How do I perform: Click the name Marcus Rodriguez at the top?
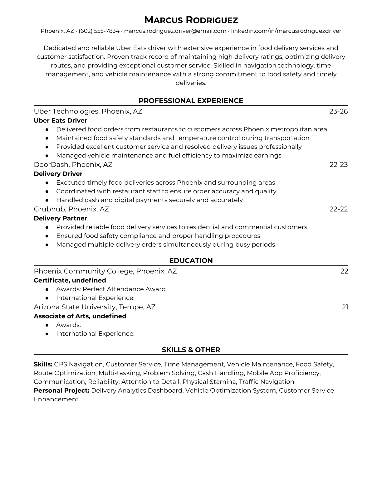[x=191, y=20]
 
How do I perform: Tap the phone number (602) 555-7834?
[x=99, y=31]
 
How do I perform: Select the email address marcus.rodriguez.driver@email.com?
[x=175, y=31]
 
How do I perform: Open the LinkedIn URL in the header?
[x=286, y=31]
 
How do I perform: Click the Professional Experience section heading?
[x=191, y=101]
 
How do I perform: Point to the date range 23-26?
[x=338, y=111]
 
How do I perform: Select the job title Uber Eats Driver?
[x=60, y=120]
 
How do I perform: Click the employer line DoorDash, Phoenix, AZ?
[x=73, y=165]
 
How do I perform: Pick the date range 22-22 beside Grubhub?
[x=338, y=209]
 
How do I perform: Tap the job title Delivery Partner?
[x=60, y=218]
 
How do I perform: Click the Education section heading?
[x=191, y=261]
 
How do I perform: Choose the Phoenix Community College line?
[x=105, y=271]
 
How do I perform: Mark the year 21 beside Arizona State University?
[x=345, y=307]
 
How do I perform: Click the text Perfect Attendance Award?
[x=124, y=289]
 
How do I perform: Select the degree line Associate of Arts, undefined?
[x=80, y=316]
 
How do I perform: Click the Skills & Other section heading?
[x=191, y=350]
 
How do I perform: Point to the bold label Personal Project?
[x=61, y=390]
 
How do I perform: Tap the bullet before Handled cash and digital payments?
[x=47, y=200]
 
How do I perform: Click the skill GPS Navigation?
[x=78, y=364]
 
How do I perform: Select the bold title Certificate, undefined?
[x=70, y=280]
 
